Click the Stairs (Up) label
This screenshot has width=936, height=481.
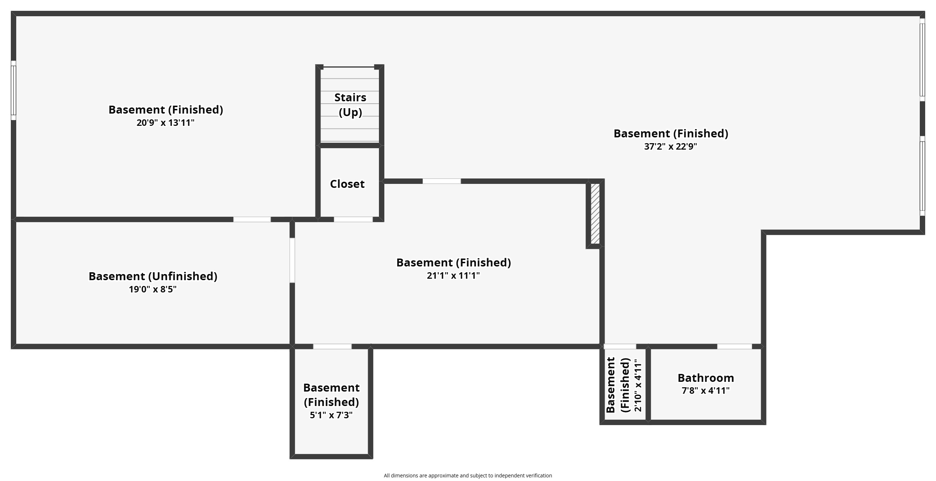pyautogui.click(x=350, y=105)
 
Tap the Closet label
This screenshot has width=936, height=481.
pyautogui.click(x=347, y=184)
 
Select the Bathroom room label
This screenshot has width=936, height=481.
pyautogui.click(x=706, y=378)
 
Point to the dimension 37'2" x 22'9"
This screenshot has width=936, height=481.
pyautogui.click(x=671, y=146)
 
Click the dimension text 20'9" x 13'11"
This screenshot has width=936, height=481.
pyautogui.click(x=165, y=123)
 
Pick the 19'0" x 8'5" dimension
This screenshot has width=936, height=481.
pyautogui.click(x=153, y=289)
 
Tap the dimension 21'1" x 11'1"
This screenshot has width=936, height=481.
pyautogui.click(x=453, y=275)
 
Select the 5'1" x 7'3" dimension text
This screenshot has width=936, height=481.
pyautogui.click(x=331, y=415)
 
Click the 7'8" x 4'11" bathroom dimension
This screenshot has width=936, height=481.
pyautogui.click(x=706, y=390)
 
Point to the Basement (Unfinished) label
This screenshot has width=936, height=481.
pyautogui.click(x=153, y=276)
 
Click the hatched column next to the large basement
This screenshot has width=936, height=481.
pyautogui.click(x=595, y=213)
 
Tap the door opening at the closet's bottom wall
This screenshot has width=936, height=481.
pyautogui.click(x=353, y=220)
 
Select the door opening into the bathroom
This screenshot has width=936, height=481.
pyautogui.click(x=734, y=347)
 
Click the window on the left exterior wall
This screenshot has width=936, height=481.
pyautogui.click(x=13, y=90)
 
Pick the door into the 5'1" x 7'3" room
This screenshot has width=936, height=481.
pyautogui.click(x=332, y=347)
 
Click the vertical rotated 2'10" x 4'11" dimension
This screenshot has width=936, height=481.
pyautogui.click(x=638, y=385)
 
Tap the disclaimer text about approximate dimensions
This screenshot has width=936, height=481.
pyautogui.click(x=468, y=476)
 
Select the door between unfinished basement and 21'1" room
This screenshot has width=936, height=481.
pyautogui.click(x=292, y=260)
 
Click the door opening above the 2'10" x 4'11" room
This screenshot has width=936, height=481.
pyautogui.click(x=620, y=347)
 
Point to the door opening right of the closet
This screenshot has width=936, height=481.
pyautogui.click(x=441, y=181)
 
